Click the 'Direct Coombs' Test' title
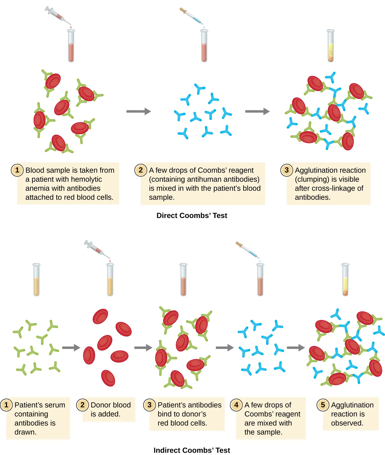[x=192, y=215]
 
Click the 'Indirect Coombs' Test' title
[x=192, y=450]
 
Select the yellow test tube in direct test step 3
[x=330, y=46]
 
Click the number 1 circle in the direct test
[x=17, y=170]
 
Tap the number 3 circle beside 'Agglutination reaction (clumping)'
[x=286, y=170]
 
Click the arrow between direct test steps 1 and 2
[x=138, y=111]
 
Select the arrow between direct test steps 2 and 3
[x=257, y=111]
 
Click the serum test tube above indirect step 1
[x=36, y=279]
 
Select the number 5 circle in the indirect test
[x=323, y=405]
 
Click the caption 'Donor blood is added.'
[x=109, y=409]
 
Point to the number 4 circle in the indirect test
[x=236, y=405]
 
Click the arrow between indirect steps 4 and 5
[x=296, y=347]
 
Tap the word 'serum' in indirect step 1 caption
[x=55, y=405]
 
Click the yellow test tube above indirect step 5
[x=345, y=279]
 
